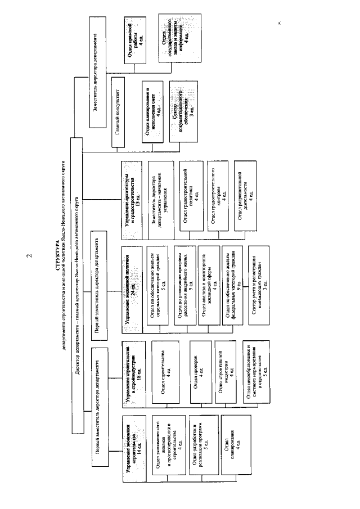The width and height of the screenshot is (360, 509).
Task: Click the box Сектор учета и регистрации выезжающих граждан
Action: [x=258, y=274]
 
